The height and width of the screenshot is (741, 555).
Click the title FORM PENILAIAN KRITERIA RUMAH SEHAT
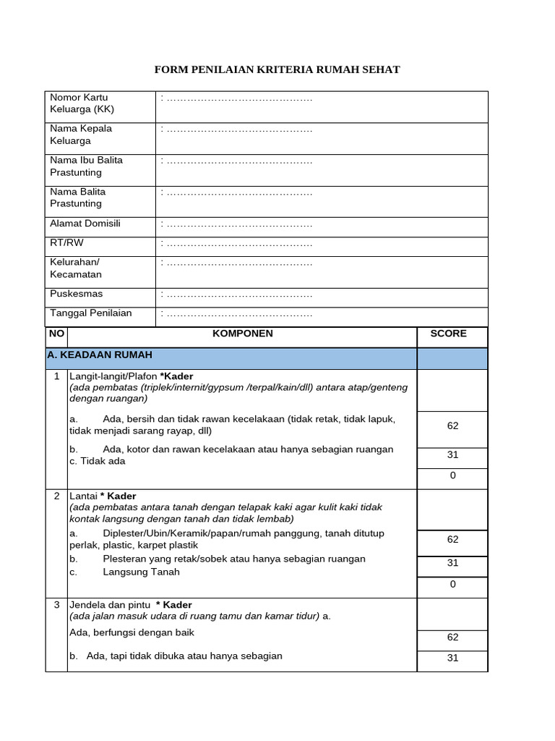pos(277,69)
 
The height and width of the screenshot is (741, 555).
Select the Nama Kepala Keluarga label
pos(81,135)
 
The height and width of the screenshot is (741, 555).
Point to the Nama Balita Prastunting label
pos(77,198)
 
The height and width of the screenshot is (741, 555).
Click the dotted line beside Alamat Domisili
pos(238,224)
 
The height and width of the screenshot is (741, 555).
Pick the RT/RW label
pos(66,243)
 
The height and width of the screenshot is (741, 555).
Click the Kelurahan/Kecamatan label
pos(76,268)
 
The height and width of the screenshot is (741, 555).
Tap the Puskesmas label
pos(77,294)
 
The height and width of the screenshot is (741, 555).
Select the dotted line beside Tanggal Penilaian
pos(238,314)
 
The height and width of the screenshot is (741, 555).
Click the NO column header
pos(56,334)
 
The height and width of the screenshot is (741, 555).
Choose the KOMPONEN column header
pos(242,334)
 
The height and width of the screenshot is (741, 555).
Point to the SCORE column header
pos(448,334)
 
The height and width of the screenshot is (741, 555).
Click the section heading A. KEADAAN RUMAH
pos(100,355)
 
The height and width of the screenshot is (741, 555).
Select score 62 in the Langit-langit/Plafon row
pos(452,426)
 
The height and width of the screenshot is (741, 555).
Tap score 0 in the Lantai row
pos(452,584)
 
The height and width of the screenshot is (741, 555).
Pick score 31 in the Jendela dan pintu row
pos(452,659)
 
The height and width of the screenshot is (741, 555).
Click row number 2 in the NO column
pos(56,496)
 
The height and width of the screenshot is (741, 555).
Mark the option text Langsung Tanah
pos(142,572)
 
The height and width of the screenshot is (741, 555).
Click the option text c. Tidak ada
pos(98,461)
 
